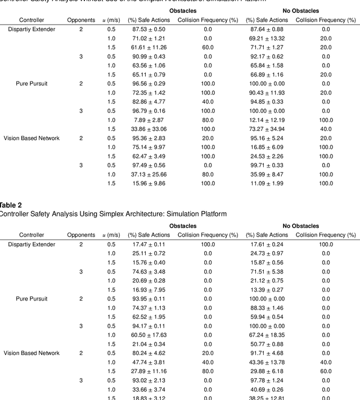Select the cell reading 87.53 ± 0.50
click(x=148, y=29)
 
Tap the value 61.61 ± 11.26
click(x=148, y=47)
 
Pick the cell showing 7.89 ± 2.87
click(x=148, y=120)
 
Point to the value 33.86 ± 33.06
click(x=148, y=129)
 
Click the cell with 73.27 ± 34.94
click(x=267, y=129)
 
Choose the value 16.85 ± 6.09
click(x=267, y=147)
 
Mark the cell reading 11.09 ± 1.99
click(x=267, y=183)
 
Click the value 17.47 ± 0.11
click(x=148, y=244)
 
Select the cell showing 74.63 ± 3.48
click(x=148, y=271)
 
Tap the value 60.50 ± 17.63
click(x=148, y=335)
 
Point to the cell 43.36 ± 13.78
click(x=267, y=362)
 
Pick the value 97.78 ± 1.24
click(x=267, y=380)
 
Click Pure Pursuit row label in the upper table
click(x=31, y=83)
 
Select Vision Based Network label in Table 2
click(x=31, y=353)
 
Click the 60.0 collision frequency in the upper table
click(x=208, y=47)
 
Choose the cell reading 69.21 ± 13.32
click(x=267, y=38)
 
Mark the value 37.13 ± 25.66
click(x=148, y=174)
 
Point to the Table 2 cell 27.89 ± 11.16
click(x=148, y=371)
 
